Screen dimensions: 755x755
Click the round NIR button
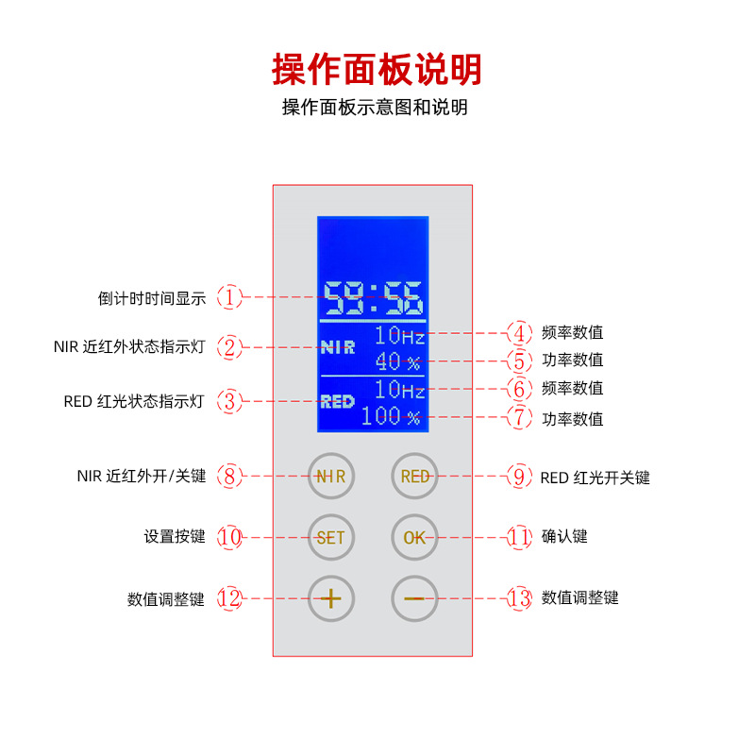(331, 477)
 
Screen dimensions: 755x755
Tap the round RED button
(415, 477)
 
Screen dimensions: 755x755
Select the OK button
(415, 538)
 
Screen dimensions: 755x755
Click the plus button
(331, 597)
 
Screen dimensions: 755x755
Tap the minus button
(415, 597)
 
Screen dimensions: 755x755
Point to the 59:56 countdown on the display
(374, 297)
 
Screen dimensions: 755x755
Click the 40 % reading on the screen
(397, 361)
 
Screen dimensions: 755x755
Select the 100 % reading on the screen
(391, 416)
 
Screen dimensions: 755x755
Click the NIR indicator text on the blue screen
(338, 346)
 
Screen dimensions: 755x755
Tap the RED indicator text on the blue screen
(337, 401)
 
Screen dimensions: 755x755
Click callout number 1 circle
(230, 297)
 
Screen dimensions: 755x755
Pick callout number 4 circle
(519, 332)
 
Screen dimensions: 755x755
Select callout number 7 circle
(519, 418)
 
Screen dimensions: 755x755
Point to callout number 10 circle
(230, 537)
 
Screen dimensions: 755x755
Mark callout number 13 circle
(519, 597)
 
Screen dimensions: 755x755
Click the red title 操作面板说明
(377, 69)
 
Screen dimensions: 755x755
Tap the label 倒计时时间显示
(152, 298)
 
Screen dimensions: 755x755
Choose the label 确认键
(564, 536)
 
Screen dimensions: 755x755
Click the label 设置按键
(175, 537)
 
